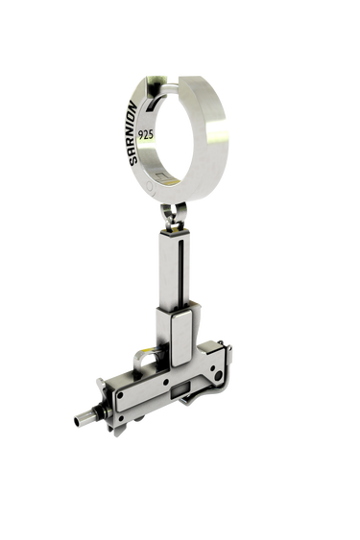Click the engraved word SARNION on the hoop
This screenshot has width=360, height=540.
[133, 133]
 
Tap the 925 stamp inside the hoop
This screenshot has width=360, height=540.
[145, 134]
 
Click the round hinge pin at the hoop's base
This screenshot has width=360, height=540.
[150, 187]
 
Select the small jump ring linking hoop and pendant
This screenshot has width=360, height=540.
[174, 215]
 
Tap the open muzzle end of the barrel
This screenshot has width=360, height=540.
[77, 420]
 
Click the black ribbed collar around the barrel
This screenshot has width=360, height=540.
[98, 411]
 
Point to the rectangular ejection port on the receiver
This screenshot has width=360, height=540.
[180, 390]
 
